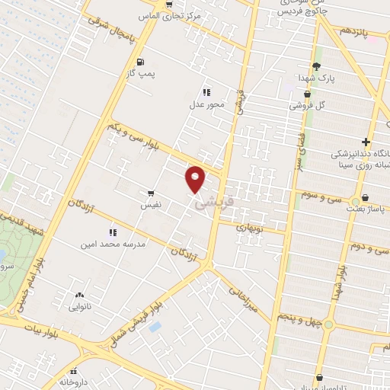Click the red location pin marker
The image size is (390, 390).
pos(196,178)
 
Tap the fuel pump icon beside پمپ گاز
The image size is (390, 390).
pos(139,62)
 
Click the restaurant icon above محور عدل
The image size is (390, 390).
pos(206,91)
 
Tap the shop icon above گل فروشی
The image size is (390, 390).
pos(306,94)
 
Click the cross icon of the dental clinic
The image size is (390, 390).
pos(366,142)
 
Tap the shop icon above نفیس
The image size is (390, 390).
pos(151,193)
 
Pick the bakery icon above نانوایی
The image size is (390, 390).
pos(79,294)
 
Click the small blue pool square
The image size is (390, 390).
pos(155,326)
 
